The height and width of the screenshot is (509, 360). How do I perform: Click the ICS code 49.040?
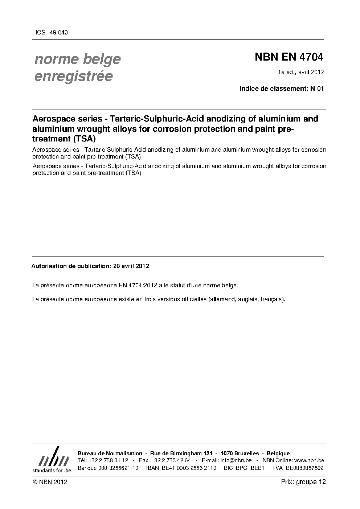click(58, 33)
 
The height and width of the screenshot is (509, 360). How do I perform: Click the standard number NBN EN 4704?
click(289, 57)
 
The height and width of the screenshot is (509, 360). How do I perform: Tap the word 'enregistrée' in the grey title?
click(74, 77)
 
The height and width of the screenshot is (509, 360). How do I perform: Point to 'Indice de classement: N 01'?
click(281, 88)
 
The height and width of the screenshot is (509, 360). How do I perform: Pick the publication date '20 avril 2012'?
click(131, 266)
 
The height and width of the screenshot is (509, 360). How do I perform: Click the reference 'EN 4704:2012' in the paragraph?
click(138, 285)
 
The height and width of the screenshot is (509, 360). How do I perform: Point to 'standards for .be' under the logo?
click(52, 470)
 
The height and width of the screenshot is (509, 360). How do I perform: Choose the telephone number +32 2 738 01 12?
click(108, 460)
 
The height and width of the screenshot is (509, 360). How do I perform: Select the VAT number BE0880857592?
click(304, 468)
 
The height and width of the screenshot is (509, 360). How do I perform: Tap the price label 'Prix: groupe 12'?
click(303, 482)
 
